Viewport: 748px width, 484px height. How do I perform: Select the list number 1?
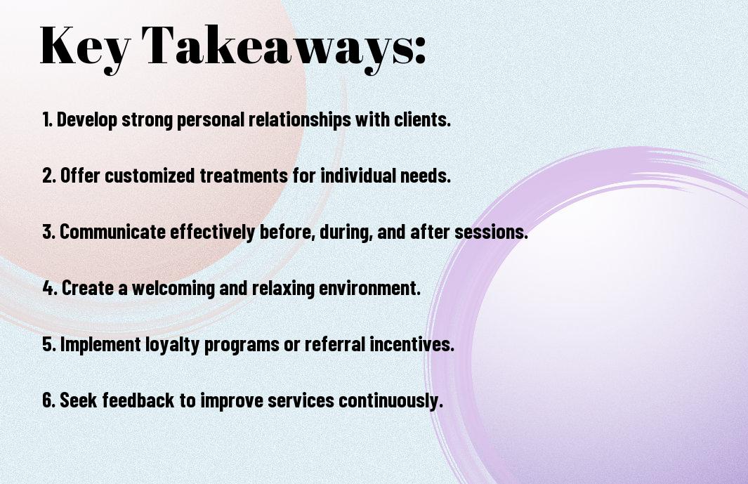47,119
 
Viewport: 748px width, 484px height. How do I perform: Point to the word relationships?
300,120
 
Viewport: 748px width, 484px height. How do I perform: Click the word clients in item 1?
422,119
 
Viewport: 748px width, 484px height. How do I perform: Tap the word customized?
150,176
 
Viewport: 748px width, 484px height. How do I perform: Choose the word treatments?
244,176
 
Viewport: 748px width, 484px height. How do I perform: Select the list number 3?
49,232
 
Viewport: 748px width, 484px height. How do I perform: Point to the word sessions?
491,232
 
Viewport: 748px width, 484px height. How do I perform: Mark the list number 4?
50,288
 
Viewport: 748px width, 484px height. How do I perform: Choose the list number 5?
49,344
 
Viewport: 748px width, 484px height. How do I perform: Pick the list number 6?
49,400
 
